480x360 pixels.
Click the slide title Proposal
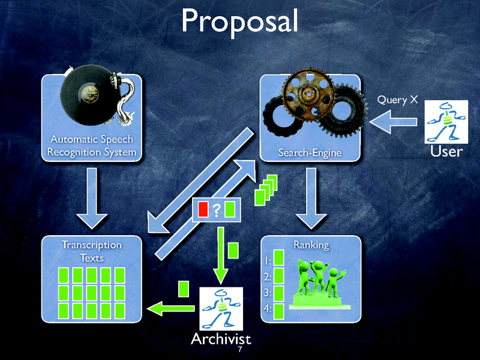[239, 22]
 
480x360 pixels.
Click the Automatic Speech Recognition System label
[92, 146]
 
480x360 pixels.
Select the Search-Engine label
[310, 153]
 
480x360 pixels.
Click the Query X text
[397, 100]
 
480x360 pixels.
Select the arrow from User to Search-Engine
[393, 123]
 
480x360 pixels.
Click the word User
[446, 151]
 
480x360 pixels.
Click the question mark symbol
[216, 209]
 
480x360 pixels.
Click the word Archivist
[221, 338]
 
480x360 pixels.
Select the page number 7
[240, 350]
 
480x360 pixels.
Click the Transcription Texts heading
[92, 251]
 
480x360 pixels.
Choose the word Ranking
[311, 245]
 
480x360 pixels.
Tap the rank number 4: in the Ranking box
[267, 309]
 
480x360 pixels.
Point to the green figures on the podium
[320, 279]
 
